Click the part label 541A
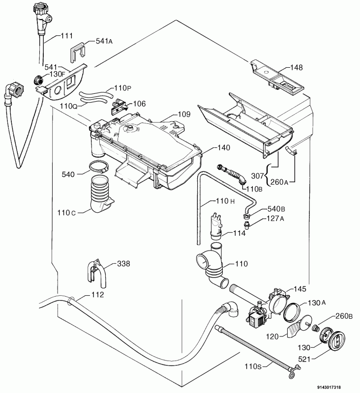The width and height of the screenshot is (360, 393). tap(104, 41)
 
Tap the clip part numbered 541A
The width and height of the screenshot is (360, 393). tap(77, 53)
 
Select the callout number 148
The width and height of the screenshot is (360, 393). tap(297, 67)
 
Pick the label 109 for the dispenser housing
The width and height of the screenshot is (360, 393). tap(184, 114)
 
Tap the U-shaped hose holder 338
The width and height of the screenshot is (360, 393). tap(96, 274)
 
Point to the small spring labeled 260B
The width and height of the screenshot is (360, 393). tap(316, 328)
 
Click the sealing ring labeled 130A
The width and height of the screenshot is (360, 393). tap(292, 312)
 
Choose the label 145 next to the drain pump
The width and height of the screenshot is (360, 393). tap(300, 289)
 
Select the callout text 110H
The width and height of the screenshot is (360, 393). tap(225, 201)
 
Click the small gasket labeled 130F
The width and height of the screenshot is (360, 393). tap(38, 80)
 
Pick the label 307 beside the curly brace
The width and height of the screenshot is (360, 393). tap(258, 176)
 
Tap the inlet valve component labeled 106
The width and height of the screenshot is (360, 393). tap(120, 106)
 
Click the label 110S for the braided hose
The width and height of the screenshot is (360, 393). tap(253, 366)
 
